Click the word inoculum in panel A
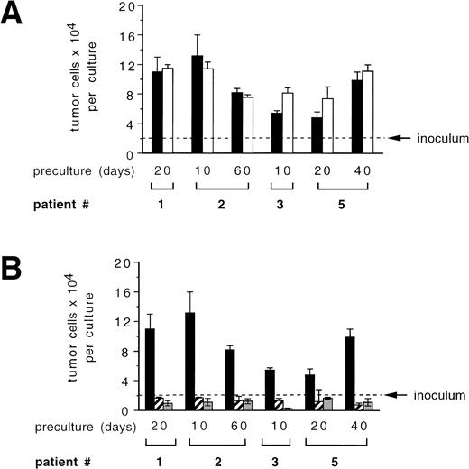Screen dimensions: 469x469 tap(438, 138)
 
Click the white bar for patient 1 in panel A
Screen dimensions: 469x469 tap(168, 110)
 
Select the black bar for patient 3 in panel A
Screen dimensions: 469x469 tap(277, 133)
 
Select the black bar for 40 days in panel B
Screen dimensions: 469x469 tap(349, 373)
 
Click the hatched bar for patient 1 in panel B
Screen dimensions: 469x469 tap(159, 403)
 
